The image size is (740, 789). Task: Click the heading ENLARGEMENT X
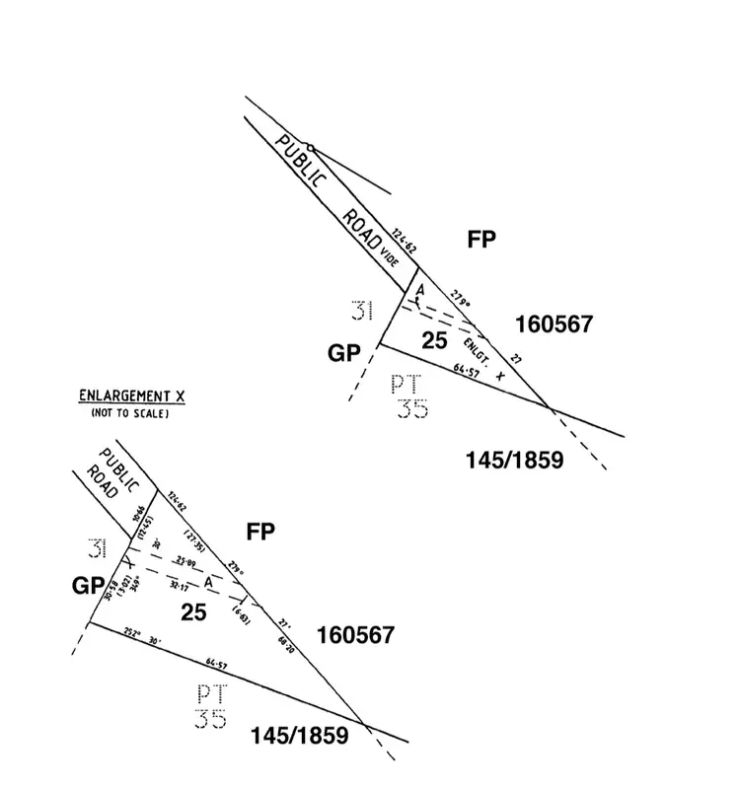pyautogui.click(x=132, y=397)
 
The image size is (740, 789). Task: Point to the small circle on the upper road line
pyautogui.click(x=310, y=148)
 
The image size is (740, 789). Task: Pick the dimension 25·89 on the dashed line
pyautogui.click(x=185, y=561)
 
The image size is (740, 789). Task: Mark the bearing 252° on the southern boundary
pyautogui.click(x=133, y=634)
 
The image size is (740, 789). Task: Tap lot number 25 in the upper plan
pyautogui.click(x=434, y=340)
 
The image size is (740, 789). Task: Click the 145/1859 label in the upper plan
pyautogui.click(x=513, y=460)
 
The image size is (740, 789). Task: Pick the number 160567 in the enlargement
pyautogui.click(x=355, y=635)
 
